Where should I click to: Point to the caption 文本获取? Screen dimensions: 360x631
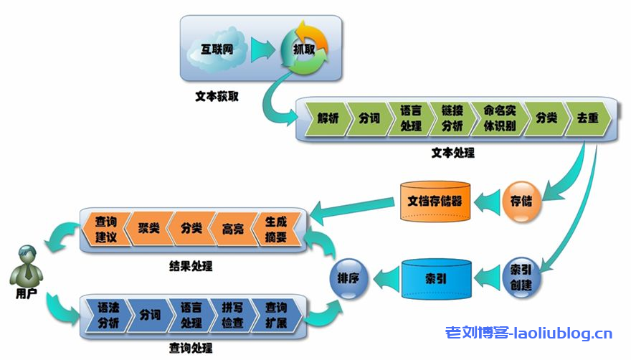[217, 95]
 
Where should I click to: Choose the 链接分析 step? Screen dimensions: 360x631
[452, 119]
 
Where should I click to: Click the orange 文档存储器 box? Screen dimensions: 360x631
[435, 200]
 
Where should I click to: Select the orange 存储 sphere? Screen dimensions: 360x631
[521, 200]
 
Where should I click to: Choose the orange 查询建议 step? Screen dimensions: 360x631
[105, 229]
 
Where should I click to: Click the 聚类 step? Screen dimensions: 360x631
[147, 229]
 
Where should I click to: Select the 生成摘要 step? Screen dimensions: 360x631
[275, 229]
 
